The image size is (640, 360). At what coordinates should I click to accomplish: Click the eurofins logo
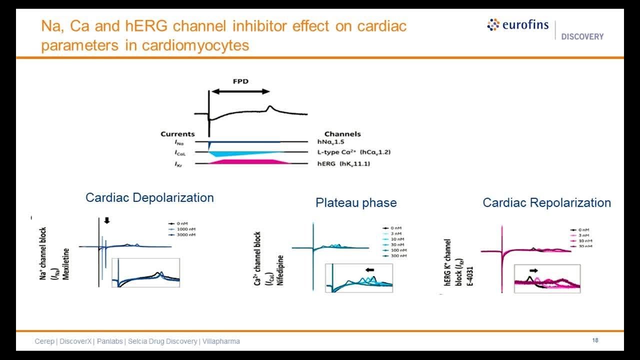coord(517,25)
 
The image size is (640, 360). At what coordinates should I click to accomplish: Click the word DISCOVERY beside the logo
coord(582,36)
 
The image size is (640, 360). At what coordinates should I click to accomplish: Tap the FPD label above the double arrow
coord(240,80)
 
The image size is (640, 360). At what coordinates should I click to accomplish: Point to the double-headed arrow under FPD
coord(240,91)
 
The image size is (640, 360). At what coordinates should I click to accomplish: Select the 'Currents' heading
coord(177,134)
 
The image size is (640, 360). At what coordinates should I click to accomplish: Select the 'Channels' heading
coord(342,134)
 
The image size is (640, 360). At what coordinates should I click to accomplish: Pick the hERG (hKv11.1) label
coord(345,163)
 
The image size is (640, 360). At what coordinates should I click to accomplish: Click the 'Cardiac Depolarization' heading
coord(149,197)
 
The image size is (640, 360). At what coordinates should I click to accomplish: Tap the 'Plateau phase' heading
coord(356,202)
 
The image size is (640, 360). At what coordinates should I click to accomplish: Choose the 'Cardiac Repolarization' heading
coord(546,202)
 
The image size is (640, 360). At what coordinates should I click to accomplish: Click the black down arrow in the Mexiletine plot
coord(106,220)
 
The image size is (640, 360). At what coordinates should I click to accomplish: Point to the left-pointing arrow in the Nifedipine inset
coord(370,270)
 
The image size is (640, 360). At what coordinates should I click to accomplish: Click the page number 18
coord(595,340)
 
